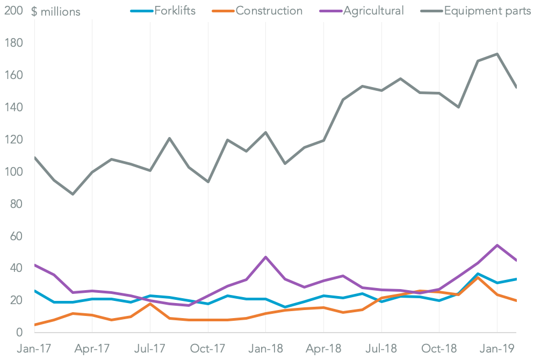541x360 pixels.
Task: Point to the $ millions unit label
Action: [56, 11]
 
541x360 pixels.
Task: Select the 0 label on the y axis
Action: [20, 333]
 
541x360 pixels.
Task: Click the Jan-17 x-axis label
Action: [34, 348]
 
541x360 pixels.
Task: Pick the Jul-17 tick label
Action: [149, 348]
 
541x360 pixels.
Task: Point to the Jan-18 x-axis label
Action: [265, 348]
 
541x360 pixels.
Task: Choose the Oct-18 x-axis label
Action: [439, 348]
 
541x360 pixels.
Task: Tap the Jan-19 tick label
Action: [497, 348]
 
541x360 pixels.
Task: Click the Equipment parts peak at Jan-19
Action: [497, 54]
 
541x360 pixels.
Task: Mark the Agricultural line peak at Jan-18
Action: [265, 257]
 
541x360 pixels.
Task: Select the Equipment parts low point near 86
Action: [73, 194]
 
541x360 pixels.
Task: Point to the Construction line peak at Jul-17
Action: [150, 304]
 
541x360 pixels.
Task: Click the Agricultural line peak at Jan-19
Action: [497, 245]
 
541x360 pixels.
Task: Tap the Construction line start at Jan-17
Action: [34, 325]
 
